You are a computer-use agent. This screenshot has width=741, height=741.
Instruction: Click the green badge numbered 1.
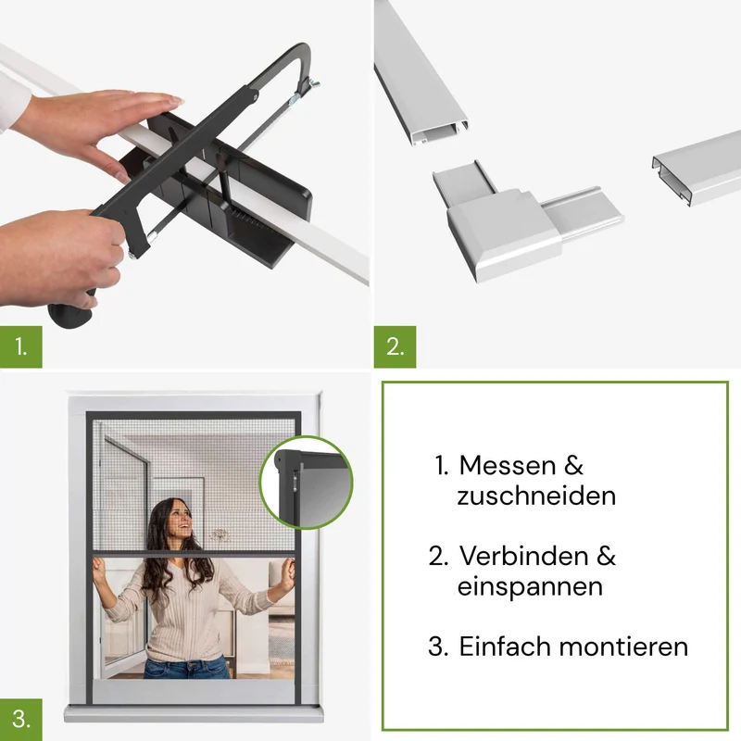pyautogui.click(x=20, y=346)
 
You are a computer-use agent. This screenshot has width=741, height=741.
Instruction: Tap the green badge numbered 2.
pyautogui.click(x=396, y=346)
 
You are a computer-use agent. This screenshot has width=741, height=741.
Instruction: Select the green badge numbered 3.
pyautogui.click(x=20, y=720)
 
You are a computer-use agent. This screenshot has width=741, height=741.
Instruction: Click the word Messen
pyautogui.click(x=507, y=466)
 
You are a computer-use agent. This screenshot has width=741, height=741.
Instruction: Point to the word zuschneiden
pyautogui.click(x=536, y=496)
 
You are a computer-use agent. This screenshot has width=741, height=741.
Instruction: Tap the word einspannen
pyautogui.click(x=530, y=587)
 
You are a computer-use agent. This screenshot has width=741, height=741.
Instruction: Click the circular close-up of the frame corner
pyautogui.click(x=307, y=483)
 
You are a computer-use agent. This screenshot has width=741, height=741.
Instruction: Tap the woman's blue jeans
pyautogui.click(x=187, y=667)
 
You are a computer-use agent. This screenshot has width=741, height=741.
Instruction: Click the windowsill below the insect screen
pyautogui.click(x=194, y=713)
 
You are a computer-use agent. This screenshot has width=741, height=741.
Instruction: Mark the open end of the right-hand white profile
pyautogui.click(x=671, y=181)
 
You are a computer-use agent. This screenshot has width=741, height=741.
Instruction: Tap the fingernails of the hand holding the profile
pyautogui.click(x=176, y=99)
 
